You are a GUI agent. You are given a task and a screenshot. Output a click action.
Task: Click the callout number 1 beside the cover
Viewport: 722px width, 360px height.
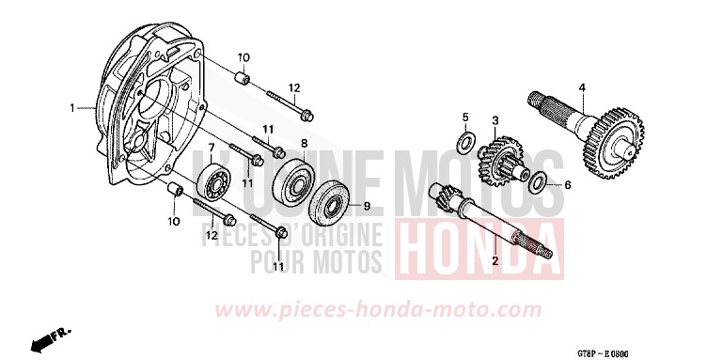click(72, 108)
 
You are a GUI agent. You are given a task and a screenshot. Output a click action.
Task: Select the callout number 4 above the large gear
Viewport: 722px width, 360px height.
click(582, 86)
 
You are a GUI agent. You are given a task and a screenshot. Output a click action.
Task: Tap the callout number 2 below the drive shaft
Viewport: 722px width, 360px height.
click(495, 261)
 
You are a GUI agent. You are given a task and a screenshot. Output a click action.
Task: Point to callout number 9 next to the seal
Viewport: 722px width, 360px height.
click(367, 206)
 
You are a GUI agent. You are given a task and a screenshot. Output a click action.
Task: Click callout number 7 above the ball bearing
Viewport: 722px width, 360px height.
click(212, 148)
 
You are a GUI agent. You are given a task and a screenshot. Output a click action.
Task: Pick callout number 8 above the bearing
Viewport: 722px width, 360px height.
click(304, 142)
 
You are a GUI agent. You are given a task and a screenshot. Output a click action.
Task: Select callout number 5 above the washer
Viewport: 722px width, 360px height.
click(465, 117)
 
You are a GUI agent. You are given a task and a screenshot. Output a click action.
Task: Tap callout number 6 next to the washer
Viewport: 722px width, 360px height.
click(567, 184)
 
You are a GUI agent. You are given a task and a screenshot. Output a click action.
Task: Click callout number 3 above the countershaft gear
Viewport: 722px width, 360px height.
click(495, 120)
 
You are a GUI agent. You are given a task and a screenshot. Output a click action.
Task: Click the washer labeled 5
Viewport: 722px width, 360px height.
click(466, 143)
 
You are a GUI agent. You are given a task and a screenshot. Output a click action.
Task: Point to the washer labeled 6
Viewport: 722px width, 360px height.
click(538, 183)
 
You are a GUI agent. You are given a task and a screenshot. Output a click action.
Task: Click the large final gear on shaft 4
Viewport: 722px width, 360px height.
click(612, 143)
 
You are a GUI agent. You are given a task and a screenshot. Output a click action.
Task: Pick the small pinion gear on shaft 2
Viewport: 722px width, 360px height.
click(442, 196)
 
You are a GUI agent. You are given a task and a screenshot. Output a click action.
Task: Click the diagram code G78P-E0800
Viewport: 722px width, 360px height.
click(603, 353)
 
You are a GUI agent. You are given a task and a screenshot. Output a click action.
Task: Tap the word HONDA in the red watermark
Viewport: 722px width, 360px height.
click(479, 249)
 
